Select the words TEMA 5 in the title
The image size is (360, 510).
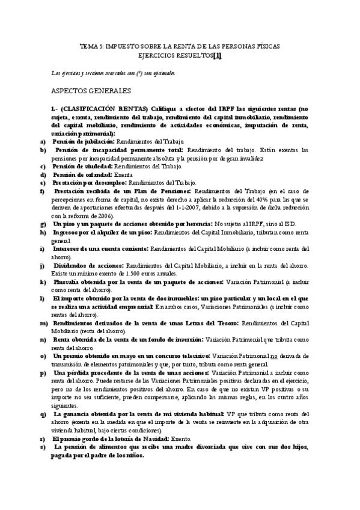(x=91, y=46)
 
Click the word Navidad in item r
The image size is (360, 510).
(x=146, y=439)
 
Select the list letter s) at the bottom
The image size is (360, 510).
(x=42, y=447)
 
